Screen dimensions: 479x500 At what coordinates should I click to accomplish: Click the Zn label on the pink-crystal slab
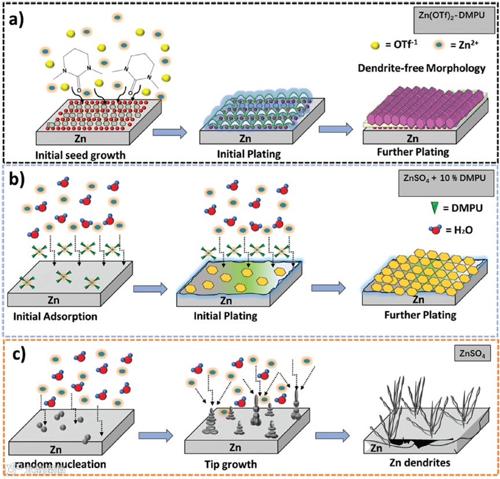coord(412,138)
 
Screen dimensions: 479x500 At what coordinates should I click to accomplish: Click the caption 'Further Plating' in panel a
coord(415,155)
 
